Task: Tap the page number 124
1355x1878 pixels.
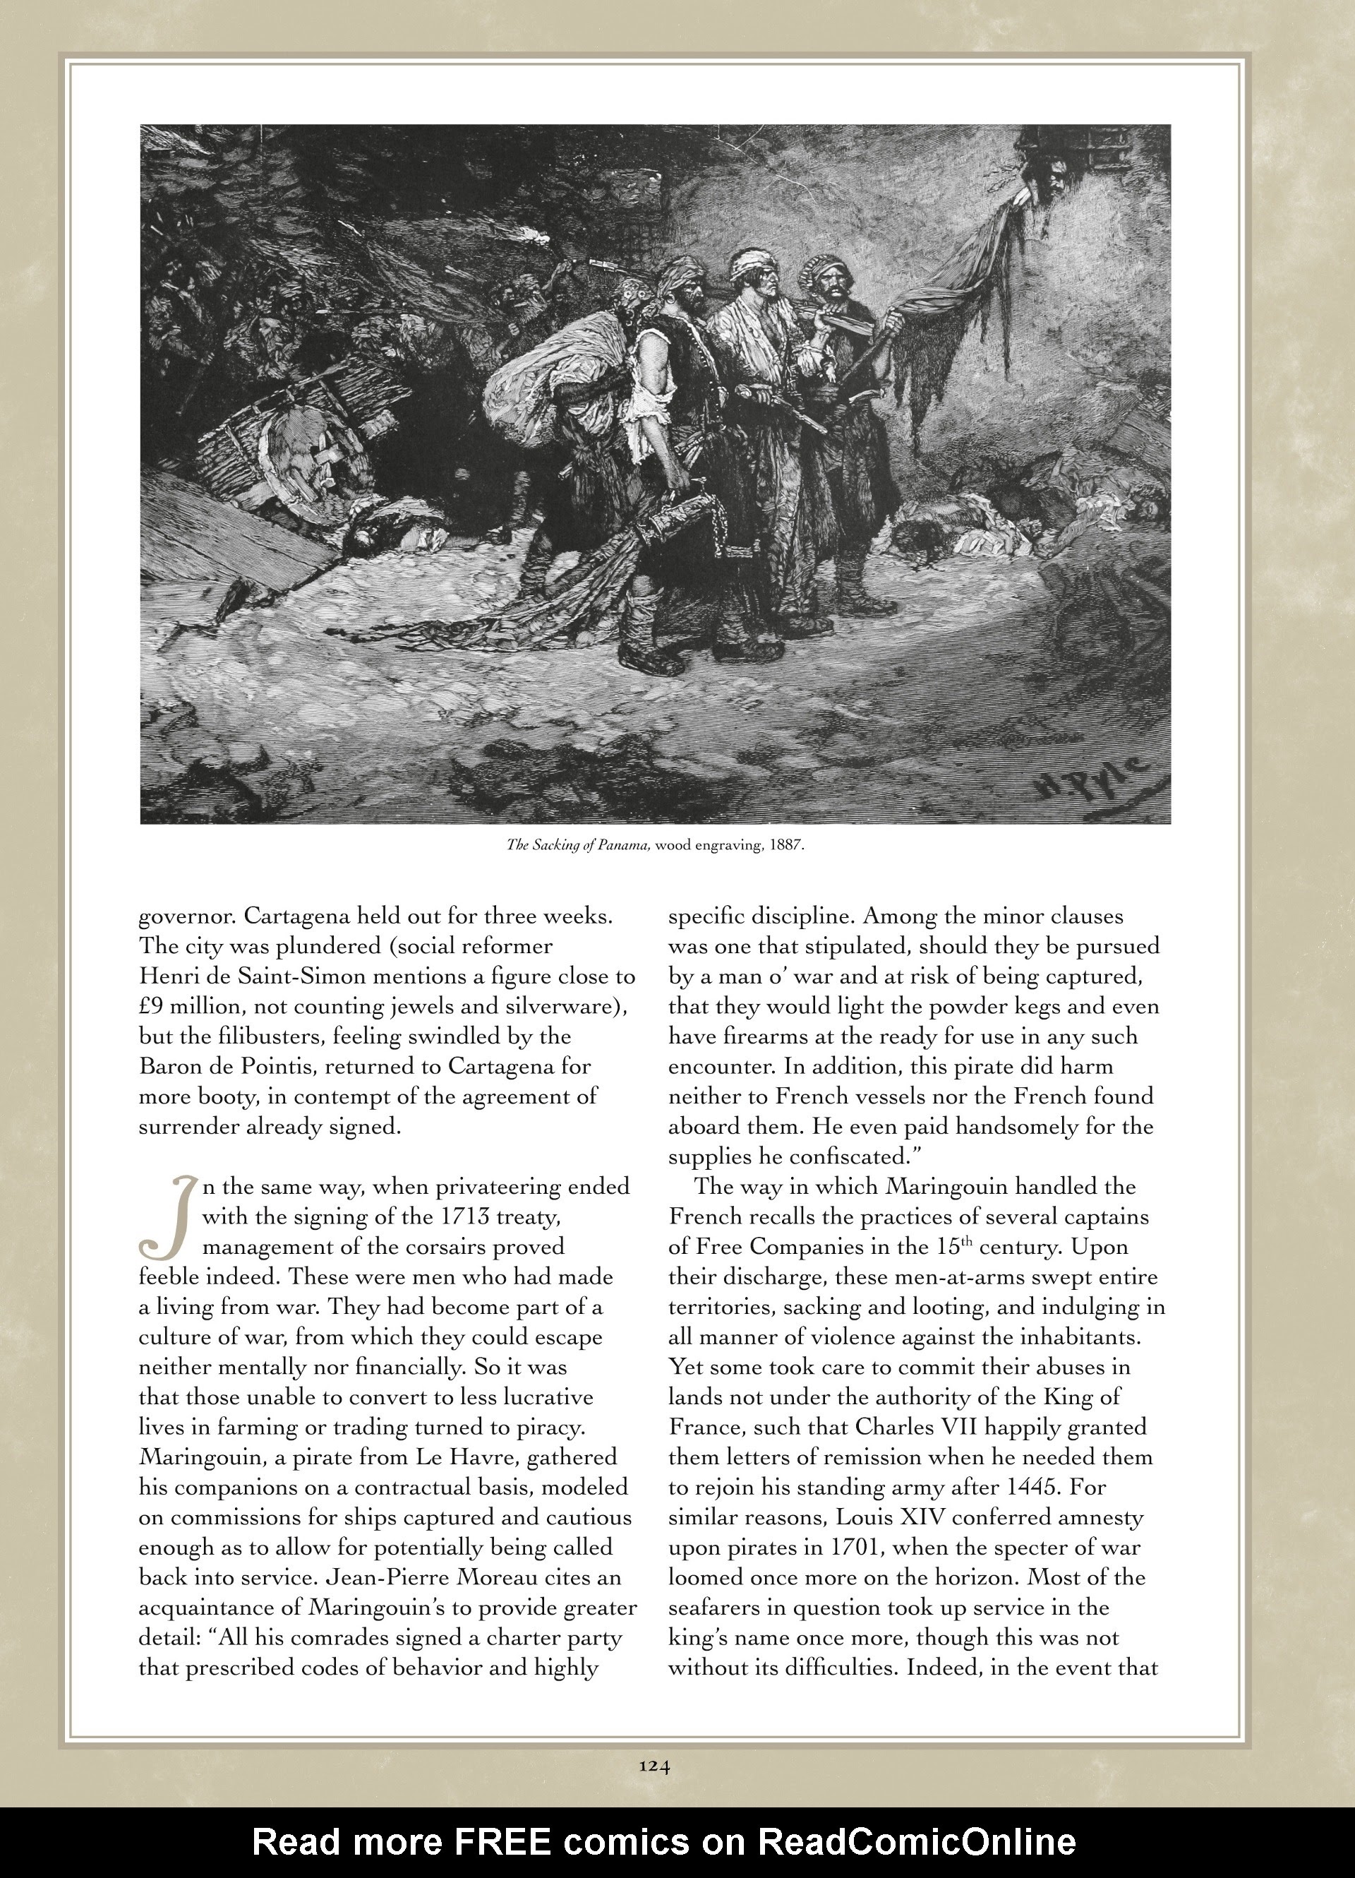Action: [654, 1765]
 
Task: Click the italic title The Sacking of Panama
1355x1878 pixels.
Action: [577, 847]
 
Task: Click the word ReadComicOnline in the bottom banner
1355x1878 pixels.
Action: [917, 1841]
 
